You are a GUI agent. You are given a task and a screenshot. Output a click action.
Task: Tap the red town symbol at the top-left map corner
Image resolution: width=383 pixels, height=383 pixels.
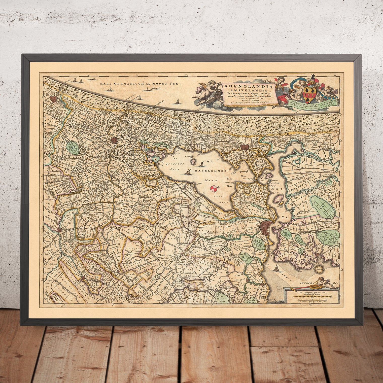pos(54,99)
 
